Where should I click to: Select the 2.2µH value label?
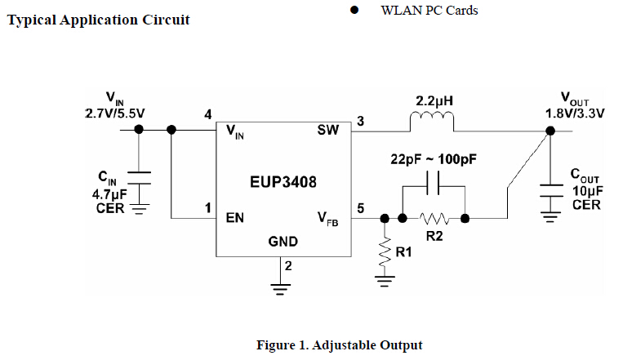point(434,101)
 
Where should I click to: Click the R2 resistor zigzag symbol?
point(434,219)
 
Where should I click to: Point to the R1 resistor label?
point(403,254)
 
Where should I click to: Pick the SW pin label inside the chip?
point(328,130)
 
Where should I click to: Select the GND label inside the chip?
point(283,242)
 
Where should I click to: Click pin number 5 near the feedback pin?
point(360,209)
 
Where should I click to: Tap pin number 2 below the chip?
point(288,266)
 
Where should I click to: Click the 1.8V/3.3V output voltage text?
point(575,113)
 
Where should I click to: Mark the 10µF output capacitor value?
point(587,190)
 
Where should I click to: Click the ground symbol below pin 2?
point(282,287)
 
